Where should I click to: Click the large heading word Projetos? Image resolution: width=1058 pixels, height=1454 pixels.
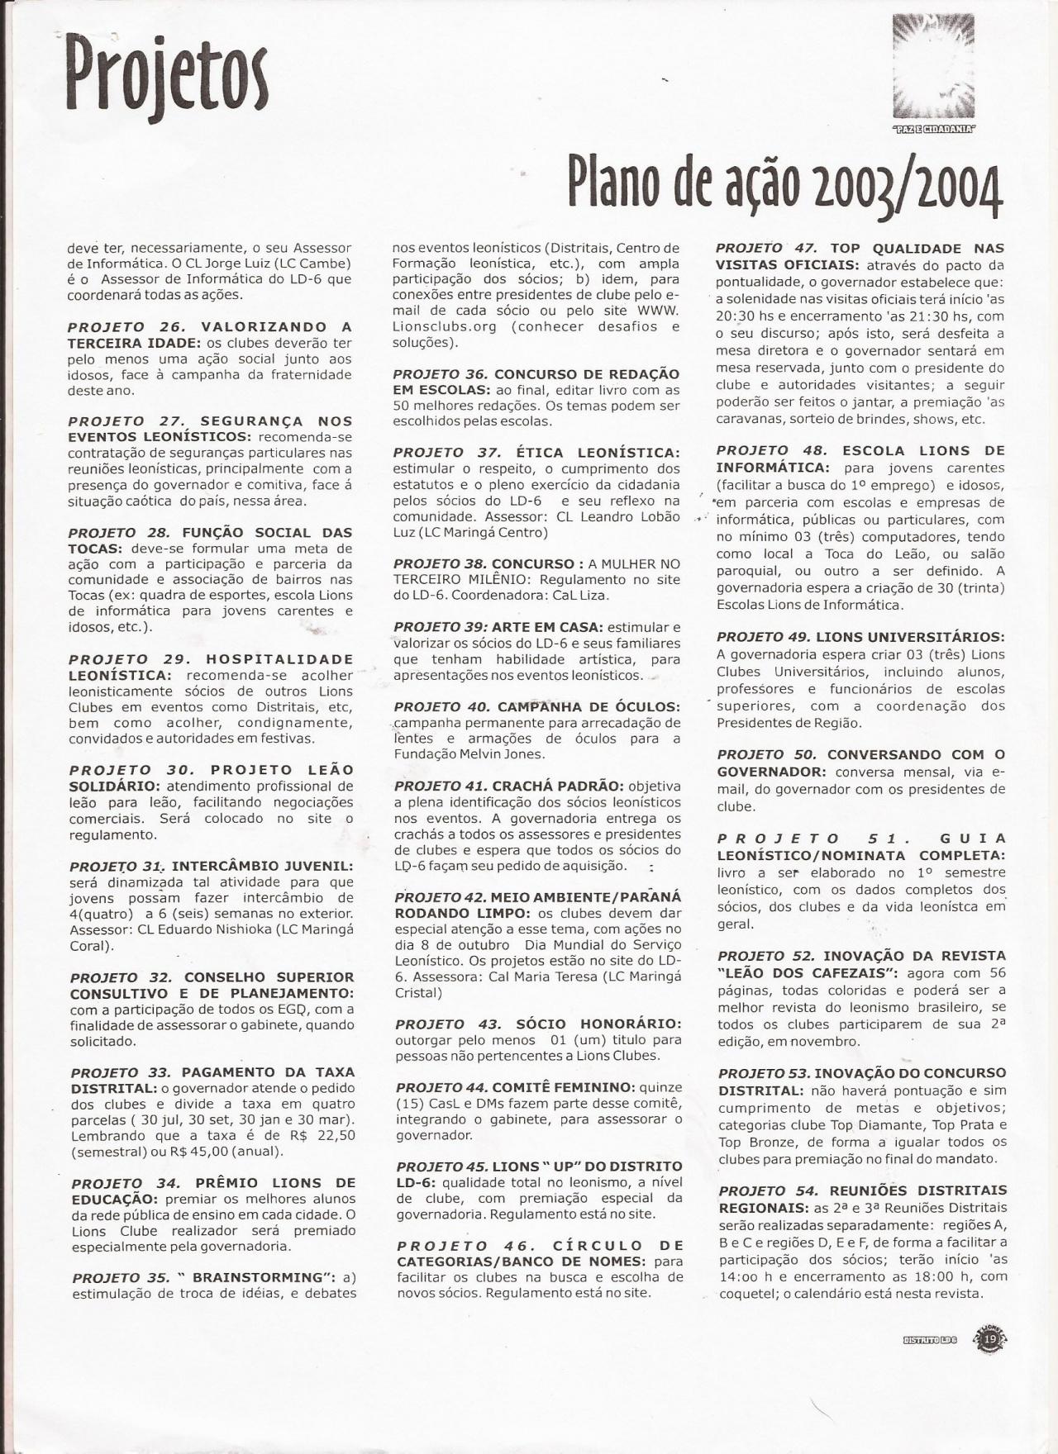pyautogui.click(x=168, y=79)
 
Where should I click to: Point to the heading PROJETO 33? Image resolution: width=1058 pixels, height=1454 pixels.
pyautogui.click(x=121, y=1072)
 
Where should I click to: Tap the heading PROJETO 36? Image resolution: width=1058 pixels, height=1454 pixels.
pyautogui.click(x=441, y=374)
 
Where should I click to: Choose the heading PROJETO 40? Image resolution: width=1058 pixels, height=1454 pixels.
pyautogui.click(x=442, y=707)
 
